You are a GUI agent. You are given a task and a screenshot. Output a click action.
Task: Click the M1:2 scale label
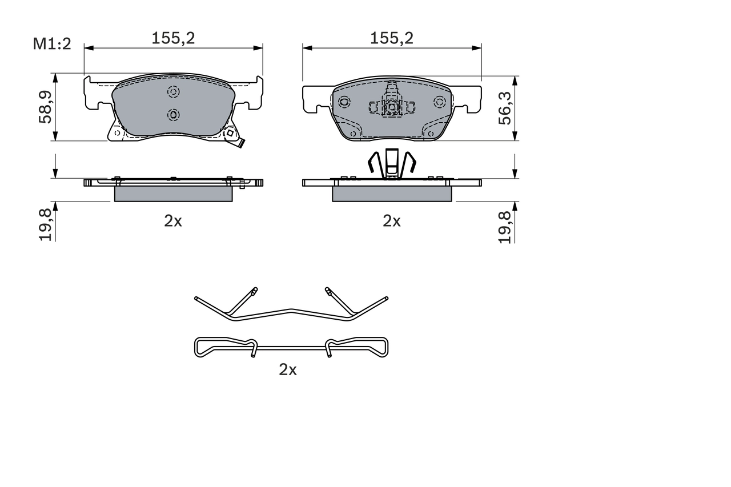pyautogui.click(x=52, y=44)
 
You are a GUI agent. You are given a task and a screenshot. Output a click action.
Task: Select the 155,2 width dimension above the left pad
pyautogui.click(x=173, y=38)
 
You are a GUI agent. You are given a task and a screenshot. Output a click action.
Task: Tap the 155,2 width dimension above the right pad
pyautogui.click(x=391, y=38)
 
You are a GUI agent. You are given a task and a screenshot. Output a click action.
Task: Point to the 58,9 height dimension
pyautogui.click(x=45, y=107)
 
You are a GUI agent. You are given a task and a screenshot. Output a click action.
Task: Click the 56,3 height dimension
pyautogui.click(x=504, y=109)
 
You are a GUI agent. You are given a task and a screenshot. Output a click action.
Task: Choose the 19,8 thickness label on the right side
pyautogui.click(x=504, y=226)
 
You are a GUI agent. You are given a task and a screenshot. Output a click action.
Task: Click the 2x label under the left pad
pyautogui.click(x=173, y=221)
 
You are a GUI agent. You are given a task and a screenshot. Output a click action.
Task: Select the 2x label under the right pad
pyautogui.click(x=392, y=221)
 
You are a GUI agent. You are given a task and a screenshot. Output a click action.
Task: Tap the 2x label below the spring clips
pyautogui.click(x=288, y=370)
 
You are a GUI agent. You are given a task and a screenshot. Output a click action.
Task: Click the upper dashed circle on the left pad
pyautogui.click(x=174, y=92)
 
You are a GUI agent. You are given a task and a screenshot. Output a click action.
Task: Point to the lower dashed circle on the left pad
pyautogui.click(x=174, y=115)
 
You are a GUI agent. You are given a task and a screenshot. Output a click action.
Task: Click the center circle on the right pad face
pyautogui.click(x=392, y=107)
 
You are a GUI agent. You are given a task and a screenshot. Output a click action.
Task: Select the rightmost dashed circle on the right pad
pyautogui.click(x=439, y=102)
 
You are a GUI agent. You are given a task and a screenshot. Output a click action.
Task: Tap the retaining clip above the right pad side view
pyautogui.click(x=391, y=163)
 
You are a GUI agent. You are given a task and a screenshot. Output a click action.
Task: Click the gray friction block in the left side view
pyautogui.click(x=174, y=194)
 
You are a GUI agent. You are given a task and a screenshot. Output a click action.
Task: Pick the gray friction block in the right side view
pyautogui.click(x=392, y=194)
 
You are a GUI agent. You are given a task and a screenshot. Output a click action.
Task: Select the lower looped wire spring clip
pyautogui.click(x=291, y=347)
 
